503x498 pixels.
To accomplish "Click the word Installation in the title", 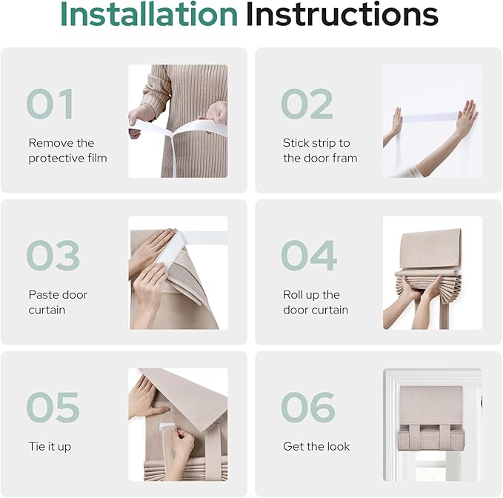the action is pos(149,14).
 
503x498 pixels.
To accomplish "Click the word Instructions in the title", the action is pos(342,14).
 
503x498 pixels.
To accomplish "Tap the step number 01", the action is pos(50,104).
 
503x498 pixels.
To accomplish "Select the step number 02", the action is pos(307,104).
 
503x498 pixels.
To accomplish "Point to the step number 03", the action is pos(53,256).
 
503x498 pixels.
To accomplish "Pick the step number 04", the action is pos(309,256).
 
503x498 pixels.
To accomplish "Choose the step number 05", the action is pos(53,407).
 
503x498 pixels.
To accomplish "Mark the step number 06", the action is pos(308,407).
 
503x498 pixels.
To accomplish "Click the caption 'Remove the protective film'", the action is pos(67,150).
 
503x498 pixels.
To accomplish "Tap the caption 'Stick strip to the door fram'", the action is pos(320,150).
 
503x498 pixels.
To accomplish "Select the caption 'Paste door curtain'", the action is pos(58,302).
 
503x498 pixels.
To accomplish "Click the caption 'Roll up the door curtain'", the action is pos(316,302).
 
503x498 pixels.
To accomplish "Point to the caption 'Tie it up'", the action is pos(50,447).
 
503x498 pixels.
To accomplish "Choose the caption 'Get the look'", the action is pos(316,446).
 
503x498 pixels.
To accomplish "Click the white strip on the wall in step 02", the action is pos(430,117).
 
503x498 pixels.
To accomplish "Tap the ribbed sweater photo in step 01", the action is pos(178,121).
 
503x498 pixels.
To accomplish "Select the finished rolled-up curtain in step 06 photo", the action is pos(431,418).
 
